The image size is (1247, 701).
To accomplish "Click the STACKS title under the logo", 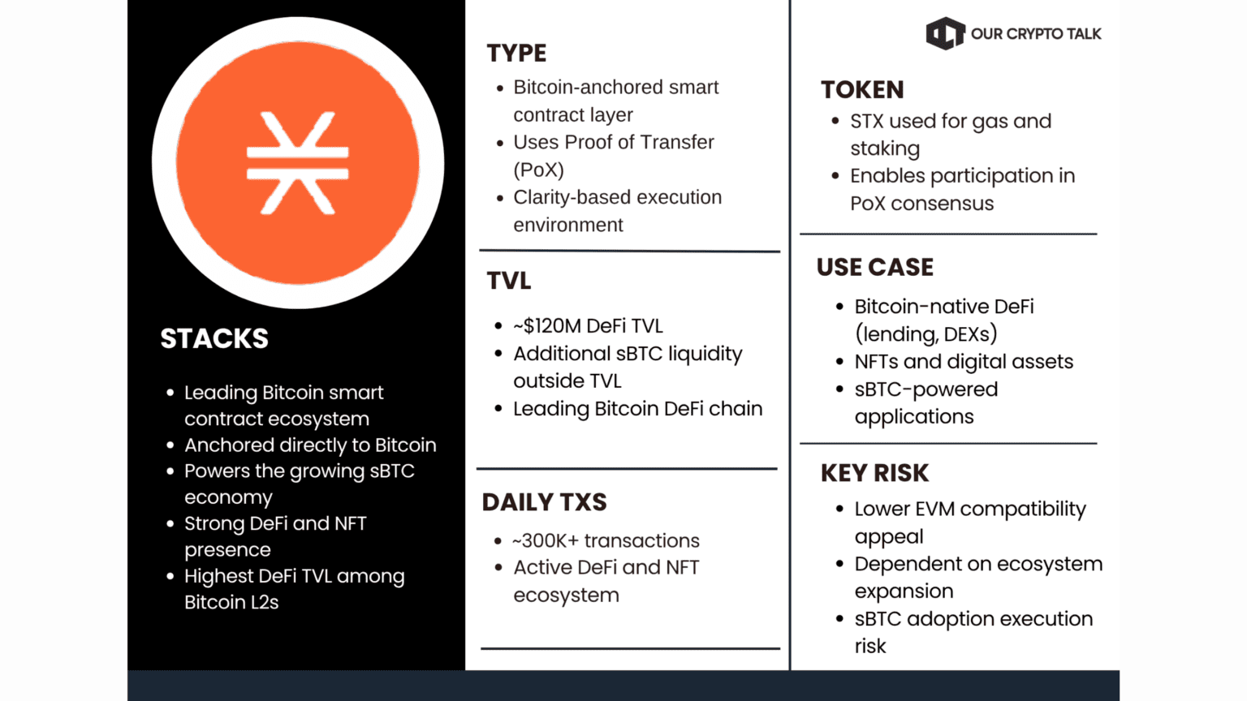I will pos(214,338).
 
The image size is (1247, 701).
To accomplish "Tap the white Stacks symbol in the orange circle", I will pos(297,163).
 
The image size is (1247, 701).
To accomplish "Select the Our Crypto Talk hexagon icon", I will pos(945,33).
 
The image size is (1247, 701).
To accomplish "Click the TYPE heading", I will pos(516,54).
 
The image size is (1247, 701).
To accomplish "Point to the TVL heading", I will pos(508,281).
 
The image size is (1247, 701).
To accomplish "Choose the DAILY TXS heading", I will pos(544,502).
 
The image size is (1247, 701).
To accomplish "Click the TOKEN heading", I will pos(861,89).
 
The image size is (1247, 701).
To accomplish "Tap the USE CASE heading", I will pos(874,267).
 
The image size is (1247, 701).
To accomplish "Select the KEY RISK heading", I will pos(874,473).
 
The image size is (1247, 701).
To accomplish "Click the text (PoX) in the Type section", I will pos(538,170).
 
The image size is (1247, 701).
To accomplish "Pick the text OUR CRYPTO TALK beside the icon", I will pos(1036,34).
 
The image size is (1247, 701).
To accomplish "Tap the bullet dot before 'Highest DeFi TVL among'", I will pos(170,577).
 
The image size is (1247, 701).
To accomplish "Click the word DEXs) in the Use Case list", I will pos(970,334).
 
